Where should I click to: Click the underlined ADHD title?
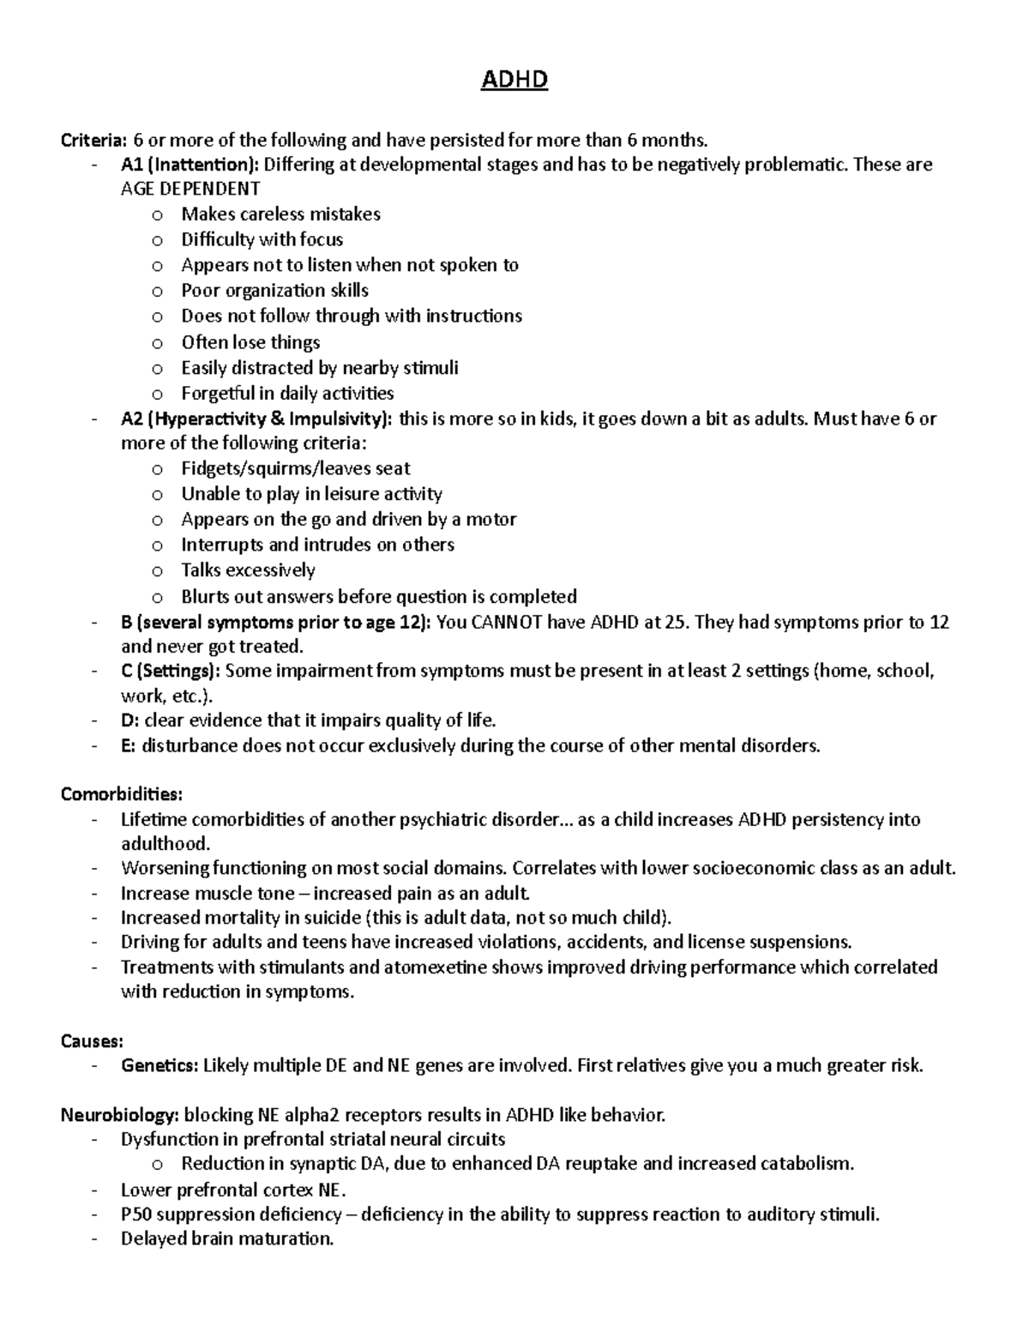pos(514,81)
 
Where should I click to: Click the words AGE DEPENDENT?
pos(190,189)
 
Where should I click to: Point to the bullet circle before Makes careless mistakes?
pos(156,215)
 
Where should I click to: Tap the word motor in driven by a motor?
pos(492,519)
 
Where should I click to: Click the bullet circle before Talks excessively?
pos(156,571)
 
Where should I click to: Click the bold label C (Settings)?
pos(171,671)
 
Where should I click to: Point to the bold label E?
pos(129,745)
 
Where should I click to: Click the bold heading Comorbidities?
pos(121,794)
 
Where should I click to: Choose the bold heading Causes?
pos(92,1041)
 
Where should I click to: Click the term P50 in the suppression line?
pos(136,1214)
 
